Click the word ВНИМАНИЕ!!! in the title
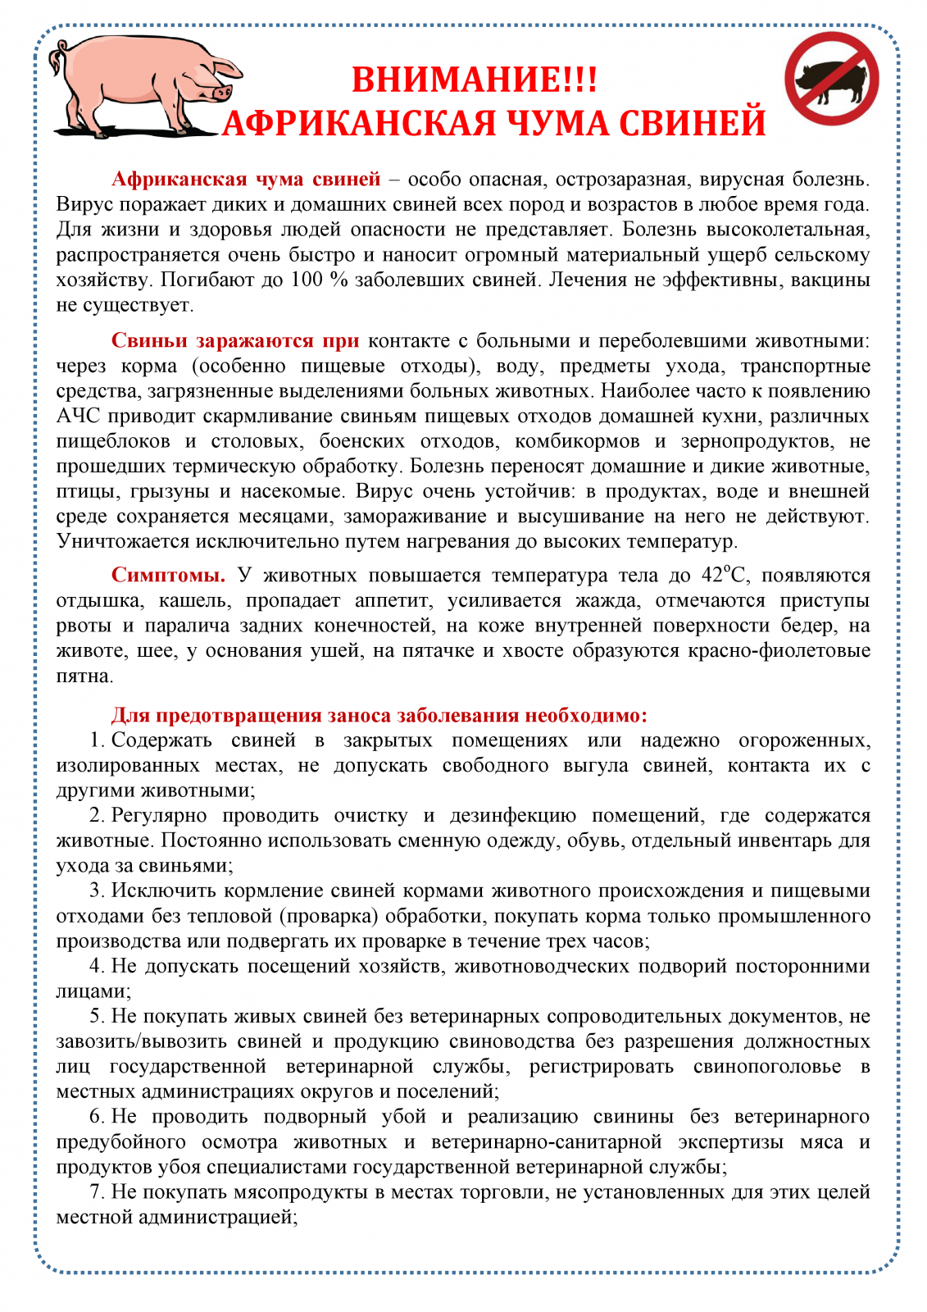pyautogui.click(x=475, y=80)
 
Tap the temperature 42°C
pyautogui.click(x=723, y=575)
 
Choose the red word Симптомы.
pyautogui.click(x=168, y=575)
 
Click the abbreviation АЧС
pyautogui.click(x=77, y=416)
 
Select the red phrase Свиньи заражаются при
pyautogui.click(x=234, y=340)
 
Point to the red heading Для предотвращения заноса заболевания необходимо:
pyautogui.click(x=379, y=715)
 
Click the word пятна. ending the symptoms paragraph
pyautogui.click(x=84, y=676)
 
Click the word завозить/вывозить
pyautogui.click(x=141, y=1041)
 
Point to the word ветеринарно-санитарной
pyautogui.click(x=546, y=1141)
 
